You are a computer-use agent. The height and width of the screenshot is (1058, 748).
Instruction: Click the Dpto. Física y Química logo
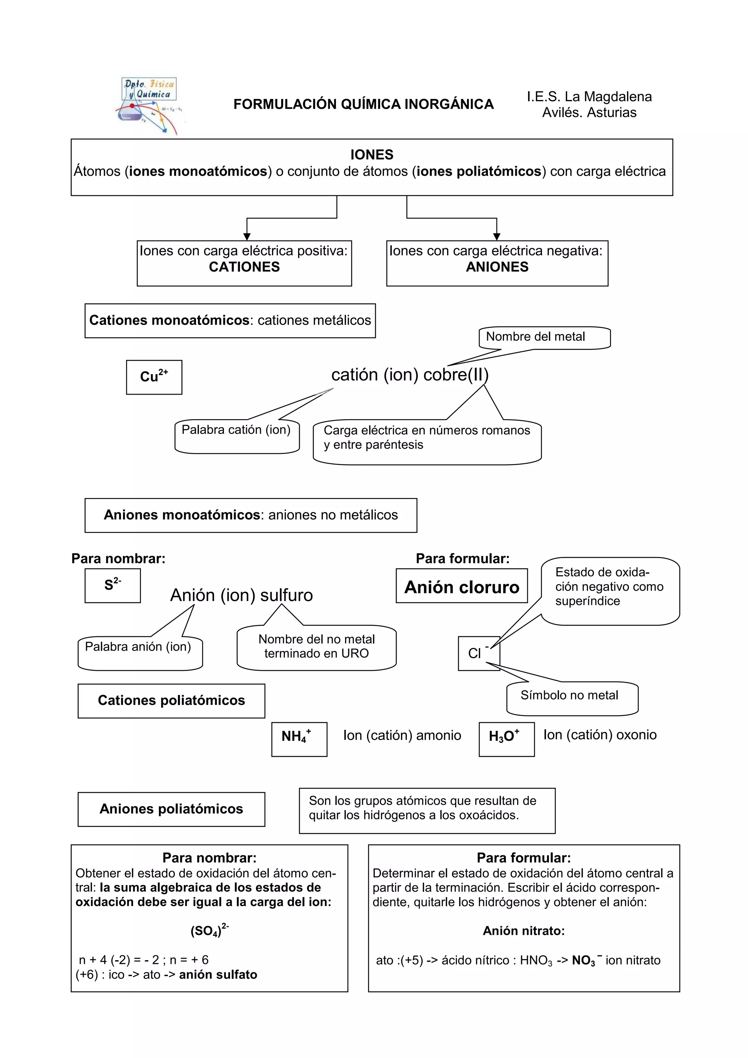[148, 105]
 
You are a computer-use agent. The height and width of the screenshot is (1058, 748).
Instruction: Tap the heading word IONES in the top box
[371, 155]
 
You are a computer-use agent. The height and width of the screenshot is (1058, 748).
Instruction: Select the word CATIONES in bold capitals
[244, 267]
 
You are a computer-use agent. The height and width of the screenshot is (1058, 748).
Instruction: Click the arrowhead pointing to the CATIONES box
[247, 237]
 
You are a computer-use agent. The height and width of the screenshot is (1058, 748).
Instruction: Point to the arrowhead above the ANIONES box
[496, 237]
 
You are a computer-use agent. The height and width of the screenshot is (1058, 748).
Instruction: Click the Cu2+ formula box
[154, 377]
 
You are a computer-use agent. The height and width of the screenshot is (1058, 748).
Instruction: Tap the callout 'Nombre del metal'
[544, 337]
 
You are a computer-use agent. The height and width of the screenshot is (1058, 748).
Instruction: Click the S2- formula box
[112, 585]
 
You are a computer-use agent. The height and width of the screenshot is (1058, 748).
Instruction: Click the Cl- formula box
[478, 653]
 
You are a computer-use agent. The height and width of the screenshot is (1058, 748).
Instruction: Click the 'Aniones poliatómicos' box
[171, 809]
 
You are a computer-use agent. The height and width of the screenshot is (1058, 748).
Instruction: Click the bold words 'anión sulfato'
[218, 975]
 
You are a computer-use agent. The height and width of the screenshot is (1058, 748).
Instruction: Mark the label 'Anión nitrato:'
[523, 931]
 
